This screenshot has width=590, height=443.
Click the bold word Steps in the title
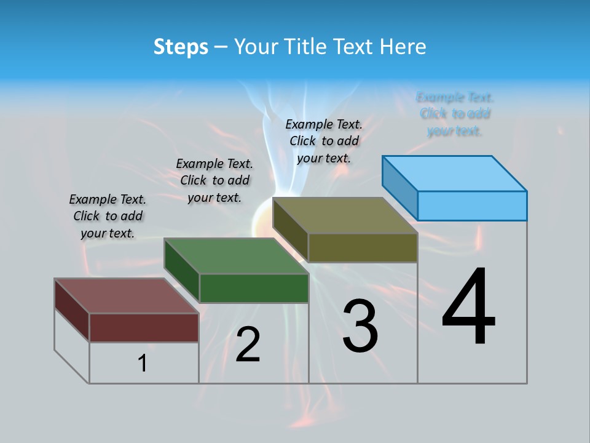[x=181, y=47]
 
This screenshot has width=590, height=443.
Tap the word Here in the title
[x=403, y=47]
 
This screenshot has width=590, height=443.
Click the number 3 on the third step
[x=360, y=326]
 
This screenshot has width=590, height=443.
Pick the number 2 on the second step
[x=248, y=345]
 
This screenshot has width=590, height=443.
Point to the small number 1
[x=143, y=363]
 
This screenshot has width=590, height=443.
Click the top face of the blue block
[x=455, y=173]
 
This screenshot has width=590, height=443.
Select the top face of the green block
[x=237, y=256]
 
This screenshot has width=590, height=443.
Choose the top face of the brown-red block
[x=127, y=296]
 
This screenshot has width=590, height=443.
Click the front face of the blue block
[x=472, y=206]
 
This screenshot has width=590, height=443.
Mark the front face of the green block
[x=254, y=288]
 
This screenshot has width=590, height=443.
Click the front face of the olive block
[x=363, y=248]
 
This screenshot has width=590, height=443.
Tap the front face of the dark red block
[x=144, y=327]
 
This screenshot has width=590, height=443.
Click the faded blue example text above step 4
[x=455, y=114]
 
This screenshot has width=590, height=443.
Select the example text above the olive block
[x=324, y=141]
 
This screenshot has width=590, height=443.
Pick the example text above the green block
[x=214, y=180]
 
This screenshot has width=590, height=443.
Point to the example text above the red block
[x=108, y=216]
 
